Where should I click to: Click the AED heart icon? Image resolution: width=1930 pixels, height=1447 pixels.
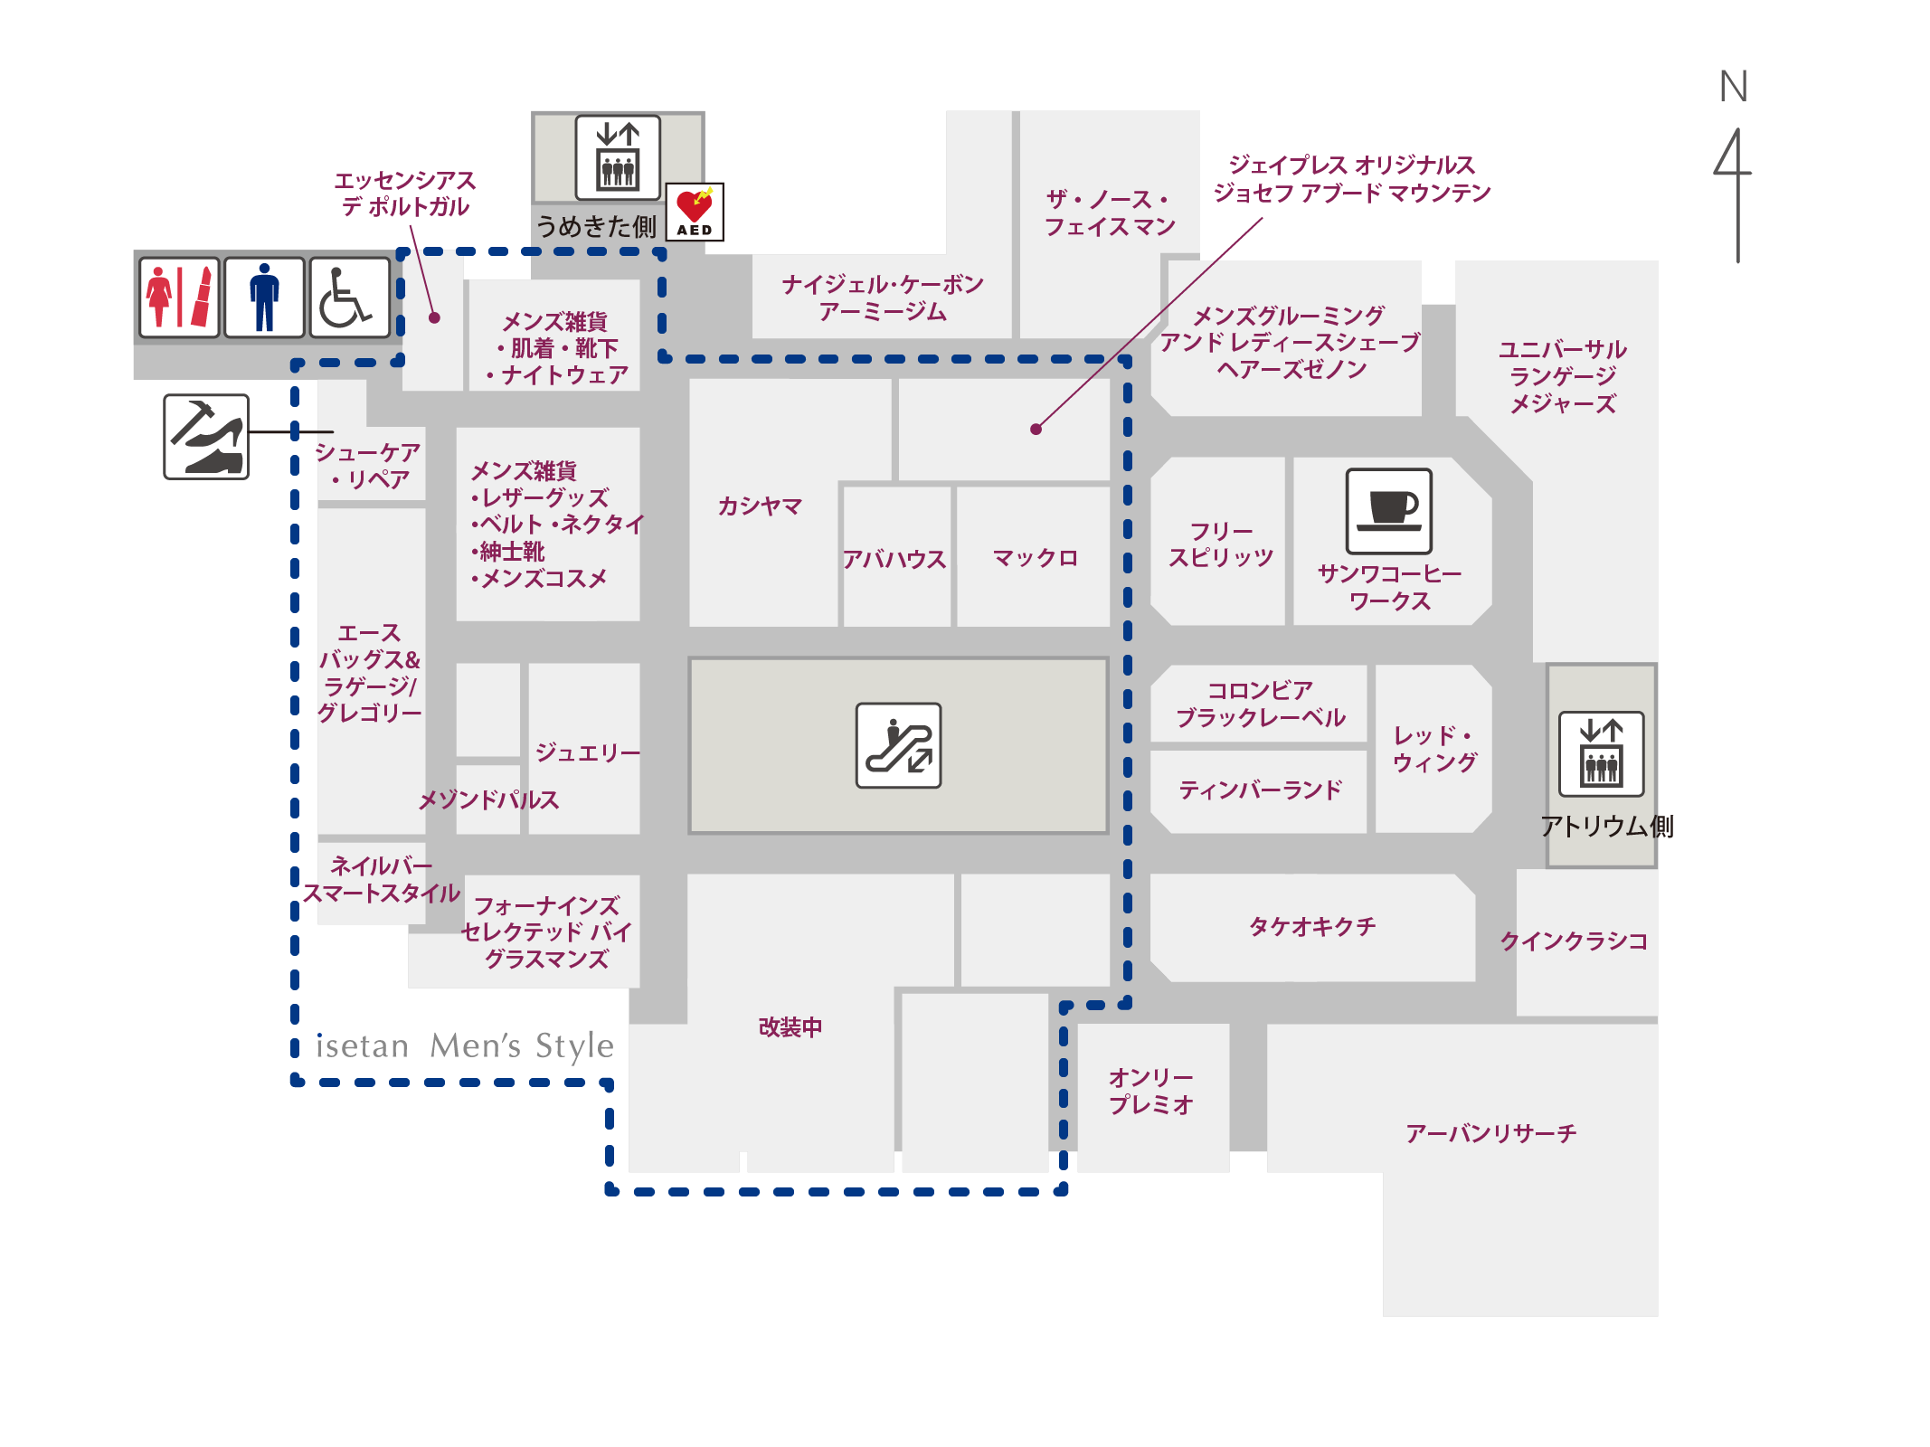[695, 212]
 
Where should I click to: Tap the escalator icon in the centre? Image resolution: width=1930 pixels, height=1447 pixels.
[898, 745]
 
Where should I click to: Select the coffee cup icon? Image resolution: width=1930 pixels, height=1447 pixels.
[1388, 511]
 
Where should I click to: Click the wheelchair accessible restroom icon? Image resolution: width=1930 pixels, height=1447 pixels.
[350, 298]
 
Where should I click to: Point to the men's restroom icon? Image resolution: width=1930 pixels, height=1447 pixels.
[264, 298]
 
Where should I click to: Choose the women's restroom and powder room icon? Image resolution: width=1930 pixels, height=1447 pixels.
[179, 298]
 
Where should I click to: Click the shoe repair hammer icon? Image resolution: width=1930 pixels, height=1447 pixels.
[206, 437]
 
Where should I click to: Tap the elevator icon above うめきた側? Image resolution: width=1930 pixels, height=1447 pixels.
[618, 157]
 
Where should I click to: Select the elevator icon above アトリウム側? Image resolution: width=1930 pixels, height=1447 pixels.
[1601, 753]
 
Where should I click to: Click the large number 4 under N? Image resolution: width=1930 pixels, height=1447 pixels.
[1734, 194]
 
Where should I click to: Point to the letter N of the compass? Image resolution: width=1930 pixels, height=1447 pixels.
[1733, 87]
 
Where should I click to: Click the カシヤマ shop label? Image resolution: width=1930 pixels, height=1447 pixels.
[760, 506]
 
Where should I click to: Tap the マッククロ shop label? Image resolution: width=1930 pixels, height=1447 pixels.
[1036, 558]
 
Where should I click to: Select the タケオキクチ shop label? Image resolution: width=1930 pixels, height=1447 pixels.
[1312, 926]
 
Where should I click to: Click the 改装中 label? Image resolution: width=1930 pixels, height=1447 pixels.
[790, 1027]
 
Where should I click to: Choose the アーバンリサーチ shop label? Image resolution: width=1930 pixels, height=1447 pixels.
[1490, 1133]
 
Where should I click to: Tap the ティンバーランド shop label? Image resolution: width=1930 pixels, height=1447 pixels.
[1260, 790]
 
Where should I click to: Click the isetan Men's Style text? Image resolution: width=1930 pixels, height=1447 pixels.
[465, 1045]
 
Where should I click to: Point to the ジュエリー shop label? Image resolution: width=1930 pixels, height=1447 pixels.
[588, 752]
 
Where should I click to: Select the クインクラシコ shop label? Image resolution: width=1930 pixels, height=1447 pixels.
[1574, 941]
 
